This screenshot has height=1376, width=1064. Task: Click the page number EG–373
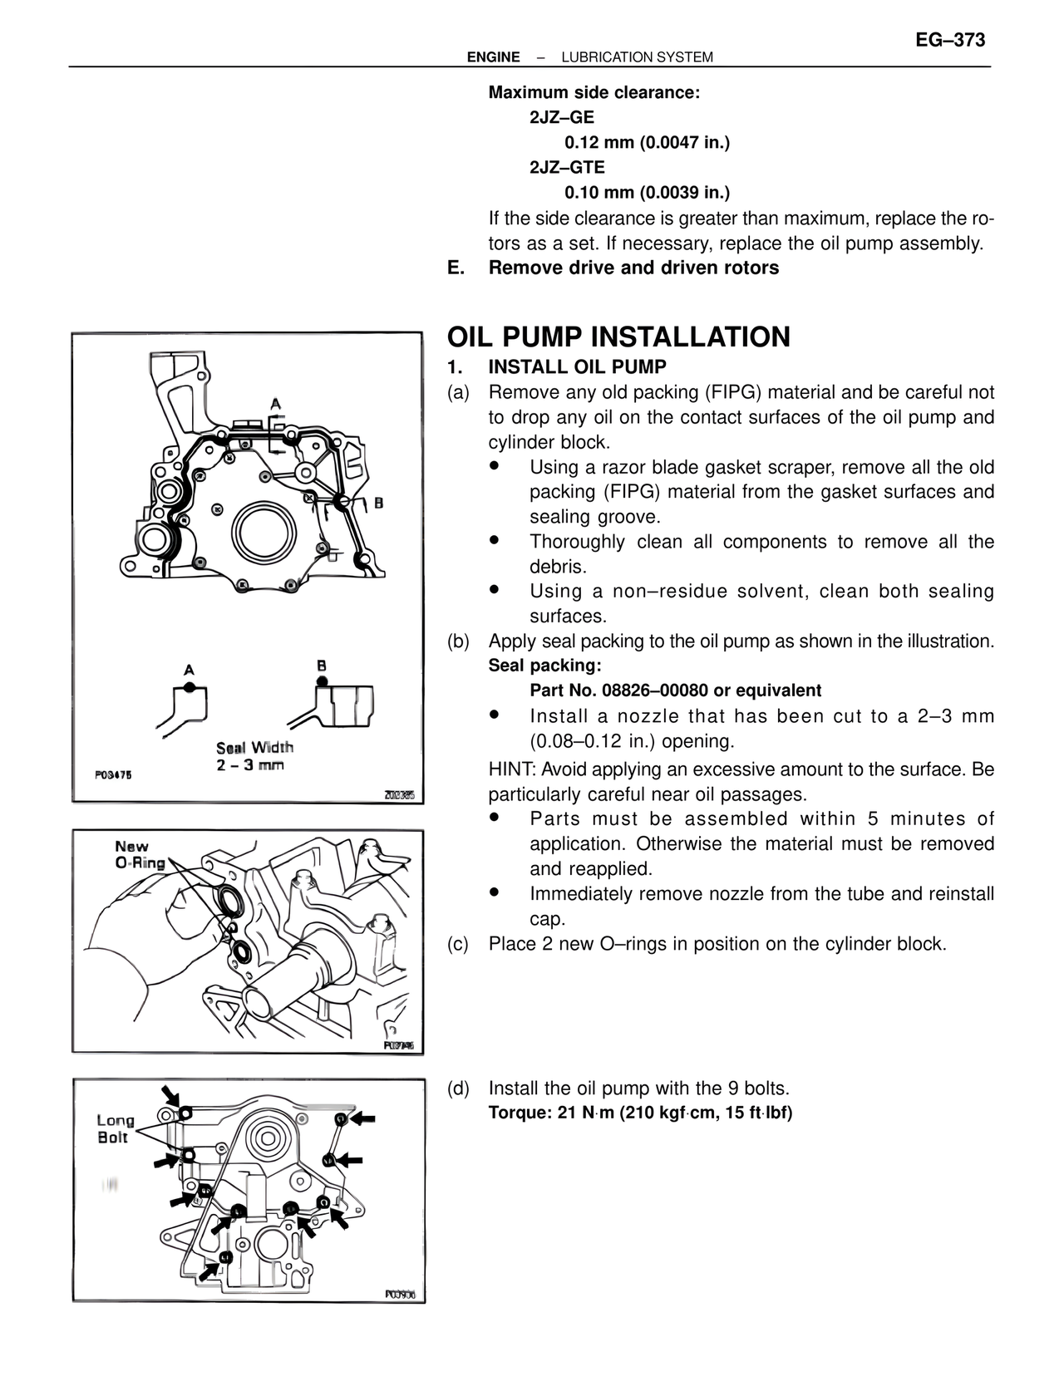coord(951,41)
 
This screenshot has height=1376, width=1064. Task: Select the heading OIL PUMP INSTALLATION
coord(618,337)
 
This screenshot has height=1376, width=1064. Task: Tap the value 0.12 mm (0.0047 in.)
coord(647,143)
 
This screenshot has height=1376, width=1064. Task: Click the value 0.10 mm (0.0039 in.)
coord(647,193)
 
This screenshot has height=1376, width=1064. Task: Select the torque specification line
coord(640,1113)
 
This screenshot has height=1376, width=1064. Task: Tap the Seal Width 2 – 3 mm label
coord(254,756)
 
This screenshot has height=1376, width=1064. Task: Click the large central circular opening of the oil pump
coord(263,530)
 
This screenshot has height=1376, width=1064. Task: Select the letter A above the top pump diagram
coord(275,405)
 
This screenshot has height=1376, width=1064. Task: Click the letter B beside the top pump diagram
coord(378,503)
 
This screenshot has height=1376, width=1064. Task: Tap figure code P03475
coord(113,774)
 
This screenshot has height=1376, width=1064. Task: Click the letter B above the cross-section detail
coord(322,666)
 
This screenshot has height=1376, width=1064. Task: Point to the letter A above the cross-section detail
coord(190,669)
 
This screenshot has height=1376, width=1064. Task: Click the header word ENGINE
coord(493,57)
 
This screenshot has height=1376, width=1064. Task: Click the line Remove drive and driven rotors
coord(633,268)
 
